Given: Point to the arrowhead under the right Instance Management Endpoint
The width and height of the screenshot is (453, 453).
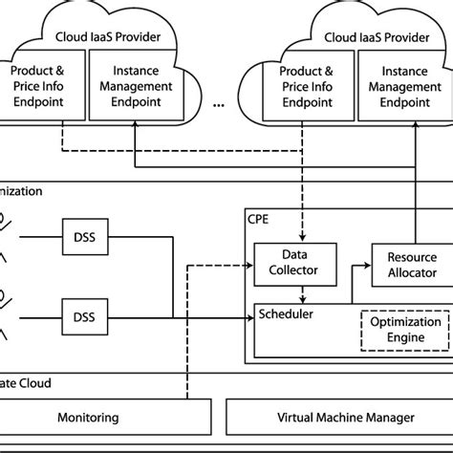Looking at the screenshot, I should (418, 120).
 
